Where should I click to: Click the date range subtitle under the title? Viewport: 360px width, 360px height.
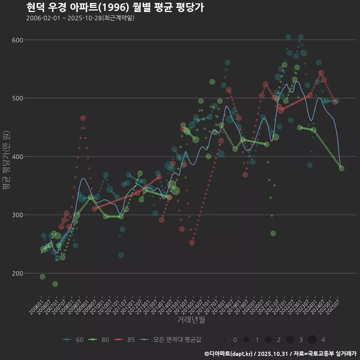tap(80, 18)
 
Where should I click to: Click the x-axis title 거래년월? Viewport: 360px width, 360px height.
tap(191, 320)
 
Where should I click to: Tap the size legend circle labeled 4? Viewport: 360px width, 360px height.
tap(312, 340)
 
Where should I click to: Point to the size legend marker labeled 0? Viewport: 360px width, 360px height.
tap(224, 340)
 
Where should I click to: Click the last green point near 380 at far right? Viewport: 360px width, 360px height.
tap(341, 168)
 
